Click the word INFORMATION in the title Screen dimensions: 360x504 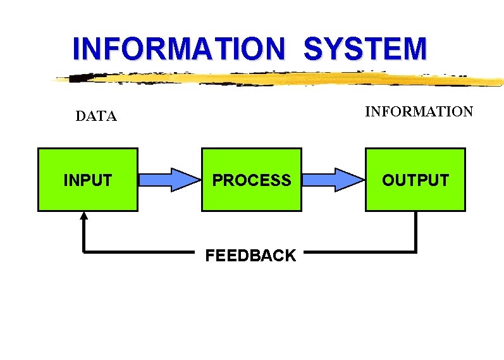coord(179,49)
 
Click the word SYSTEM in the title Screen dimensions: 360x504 coord(365,49)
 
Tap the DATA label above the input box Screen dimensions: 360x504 coord(96,116)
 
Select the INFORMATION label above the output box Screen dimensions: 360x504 coord(419,112)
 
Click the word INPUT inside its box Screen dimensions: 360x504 coord(88,180)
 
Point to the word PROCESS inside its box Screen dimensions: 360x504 coord(252,180)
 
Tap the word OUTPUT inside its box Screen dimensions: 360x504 coord(415,180)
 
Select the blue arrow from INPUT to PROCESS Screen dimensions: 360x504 coord(168,180)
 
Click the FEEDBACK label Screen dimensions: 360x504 coord(250,256)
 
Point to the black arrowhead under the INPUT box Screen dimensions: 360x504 coord(83,216)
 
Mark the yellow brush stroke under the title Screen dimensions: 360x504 coord(285,79)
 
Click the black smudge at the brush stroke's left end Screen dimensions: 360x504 coord(78,78)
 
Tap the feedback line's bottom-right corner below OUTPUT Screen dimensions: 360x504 coord(415,252)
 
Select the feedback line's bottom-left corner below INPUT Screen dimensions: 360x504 coord(84,252)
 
